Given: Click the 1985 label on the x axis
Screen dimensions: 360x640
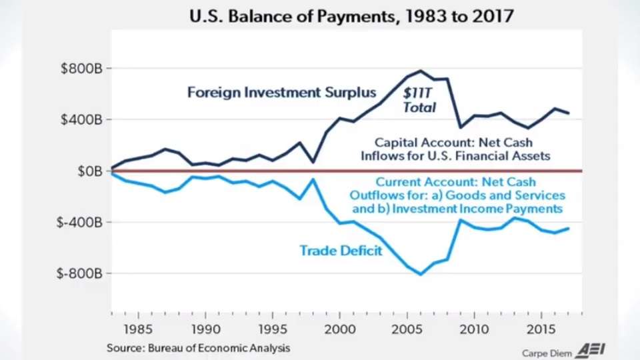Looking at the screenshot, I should coord(135,329).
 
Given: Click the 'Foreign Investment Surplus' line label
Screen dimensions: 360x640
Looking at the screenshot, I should coord(281,92).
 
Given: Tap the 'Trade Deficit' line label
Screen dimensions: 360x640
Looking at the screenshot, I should coord(341,251).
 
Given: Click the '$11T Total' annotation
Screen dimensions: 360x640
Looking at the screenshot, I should coord(419,101).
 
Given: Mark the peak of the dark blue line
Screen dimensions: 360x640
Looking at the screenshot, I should coord(421,71).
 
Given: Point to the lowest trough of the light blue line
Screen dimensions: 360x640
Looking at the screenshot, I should coord(421,274).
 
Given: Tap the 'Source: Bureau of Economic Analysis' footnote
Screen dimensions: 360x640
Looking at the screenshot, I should coord(198,348).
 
